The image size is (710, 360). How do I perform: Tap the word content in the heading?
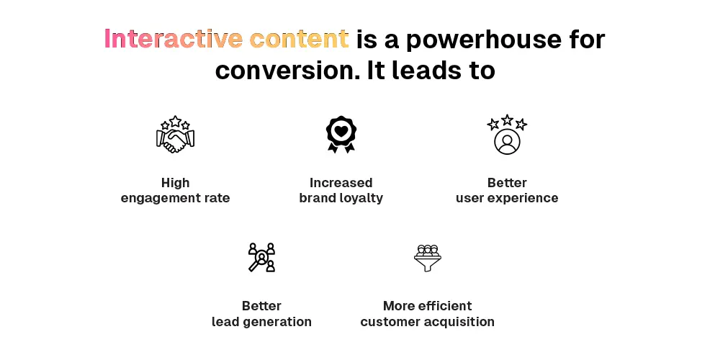(x=300, y=39)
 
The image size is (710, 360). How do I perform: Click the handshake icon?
(x=175, y=134)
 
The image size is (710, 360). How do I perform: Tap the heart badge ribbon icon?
(x=341, y=135)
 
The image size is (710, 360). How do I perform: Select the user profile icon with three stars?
(x=507, y=135)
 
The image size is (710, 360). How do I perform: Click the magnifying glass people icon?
(x=261, y=257)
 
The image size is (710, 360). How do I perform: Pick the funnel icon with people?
(x=428, y=258)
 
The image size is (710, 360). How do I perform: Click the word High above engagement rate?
(x=175, y=182)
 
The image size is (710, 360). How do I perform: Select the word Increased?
(x=341, y=182)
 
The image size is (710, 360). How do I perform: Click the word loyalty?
(x=361, y=198)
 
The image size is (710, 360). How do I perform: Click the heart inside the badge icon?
(x=341, y=131)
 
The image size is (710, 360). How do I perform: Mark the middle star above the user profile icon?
(x=507, y=120)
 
